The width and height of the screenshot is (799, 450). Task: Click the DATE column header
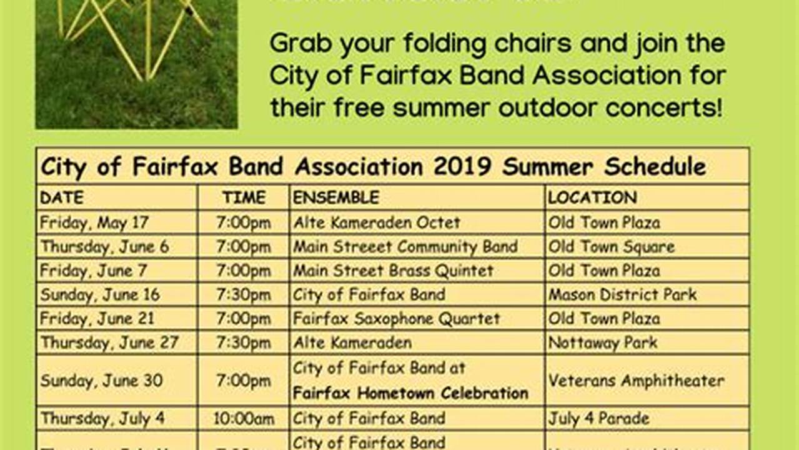61,197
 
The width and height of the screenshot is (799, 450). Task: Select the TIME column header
244,197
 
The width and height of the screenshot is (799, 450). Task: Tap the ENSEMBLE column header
336,197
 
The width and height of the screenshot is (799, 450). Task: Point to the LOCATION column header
592,197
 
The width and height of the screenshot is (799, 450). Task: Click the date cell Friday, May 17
94,222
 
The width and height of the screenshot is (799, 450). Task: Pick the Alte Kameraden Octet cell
377,222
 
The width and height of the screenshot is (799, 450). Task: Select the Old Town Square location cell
611,247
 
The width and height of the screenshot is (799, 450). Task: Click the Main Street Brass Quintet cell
393,271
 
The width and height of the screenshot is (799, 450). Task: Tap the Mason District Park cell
622,294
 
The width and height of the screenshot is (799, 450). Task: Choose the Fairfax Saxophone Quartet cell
397,319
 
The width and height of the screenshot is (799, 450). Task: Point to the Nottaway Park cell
603,342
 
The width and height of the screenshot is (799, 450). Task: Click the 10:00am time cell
244,418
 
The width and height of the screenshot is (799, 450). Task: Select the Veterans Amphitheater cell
636,380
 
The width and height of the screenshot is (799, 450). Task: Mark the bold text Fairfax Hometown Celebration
410,393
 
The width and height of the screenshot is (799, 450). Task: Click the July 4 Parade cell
598,418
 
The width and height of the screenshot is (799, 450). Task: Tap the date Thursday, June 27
109,342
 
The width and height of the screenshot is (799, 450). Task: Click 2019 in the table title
462,167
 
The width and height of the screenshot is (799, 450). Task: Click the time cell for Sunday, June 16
244,294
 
